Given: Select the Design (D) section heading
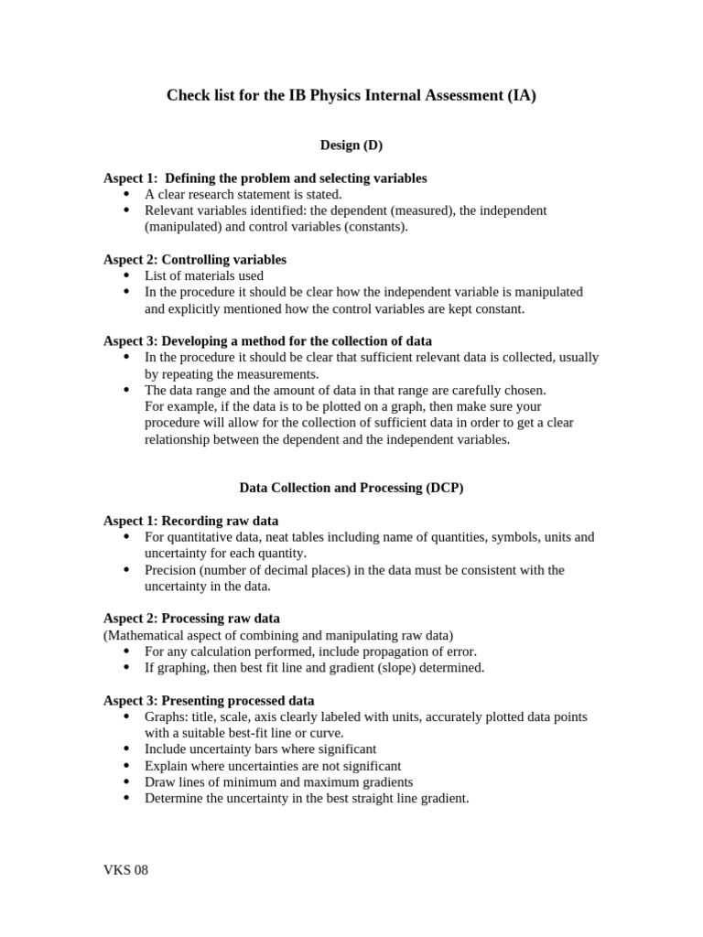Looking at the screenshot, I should coord(351,145).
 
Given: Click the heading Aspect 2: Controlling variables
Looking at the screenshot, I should coord(194,260).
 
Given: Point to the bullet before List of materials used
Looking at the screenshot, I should coord(125,275).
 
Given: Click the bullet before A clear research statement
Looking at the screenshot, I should coord(125,194).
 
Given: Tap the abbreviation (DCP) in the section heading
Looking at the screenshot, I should coord(444,489).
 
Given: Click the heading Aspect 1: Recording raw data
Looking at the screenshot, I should coord(190,521).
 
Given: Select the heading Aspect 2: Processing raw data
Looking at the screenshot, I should coord(191,619).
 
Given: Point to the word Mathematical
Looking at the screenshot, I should coord(149,635).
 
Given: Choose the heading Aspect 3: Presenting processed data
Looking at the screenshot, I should coord(209,700).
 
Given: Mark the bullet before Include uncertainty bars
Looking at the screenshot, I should coord(125,749).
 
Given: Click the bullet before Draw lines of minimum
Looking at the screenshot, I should coord(125,782).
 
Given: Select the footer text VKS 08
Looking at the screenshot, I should coord(125,870).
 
